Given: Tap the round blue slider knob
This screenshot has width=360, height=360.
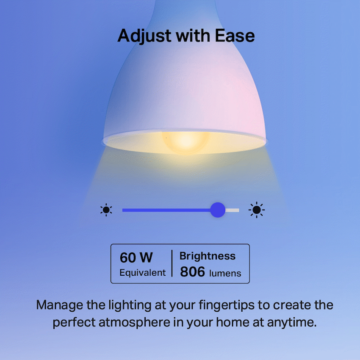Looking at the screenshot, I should [218, 210].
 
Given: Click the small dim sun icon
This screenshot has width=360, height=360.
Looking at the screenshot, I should [106, 210].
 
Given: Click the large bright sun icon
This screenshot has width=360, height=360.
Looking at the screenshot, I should [256, 210].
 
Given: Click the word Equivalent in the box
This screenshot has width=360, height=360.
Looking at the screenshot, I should [142, 273].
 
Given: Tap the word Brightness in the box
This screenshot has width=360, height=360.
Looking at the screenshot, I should [207, 256].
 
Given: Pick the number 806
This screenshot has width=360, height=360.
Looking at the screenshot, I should [193, 272].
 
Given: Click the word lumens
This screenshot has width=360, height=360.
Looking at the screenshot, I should [226, 273].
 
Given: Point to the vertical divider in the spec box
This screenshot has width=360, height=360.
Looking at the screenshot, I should [172, 263].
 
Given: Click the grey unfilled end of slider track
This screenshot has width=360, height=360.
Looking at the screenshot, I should [233, 210].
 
